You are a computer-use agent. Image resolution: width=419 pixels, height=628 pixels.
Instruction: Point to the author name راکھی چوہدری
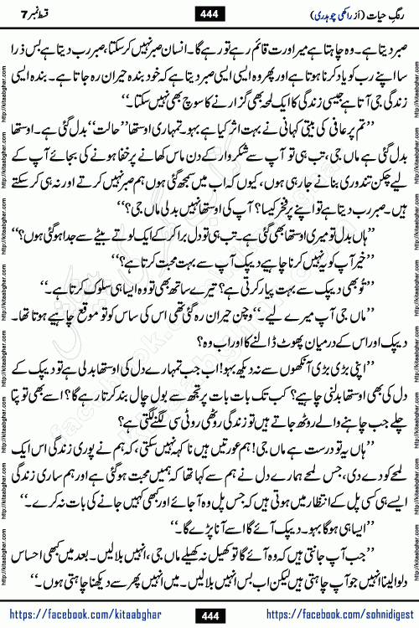[x=317, y=14]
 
